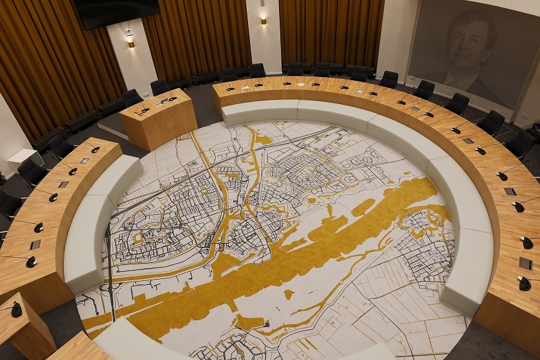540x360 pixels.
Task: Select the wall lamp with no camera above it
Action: [x=263, y=21]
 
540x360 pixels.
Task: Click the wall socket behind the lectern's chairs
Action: [x=147, y=94]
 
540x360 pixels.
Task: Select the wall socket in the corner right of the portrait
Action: [x=524, y=117]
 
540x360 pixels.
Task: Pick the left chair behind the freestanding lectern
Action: [x=132, y=98]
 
